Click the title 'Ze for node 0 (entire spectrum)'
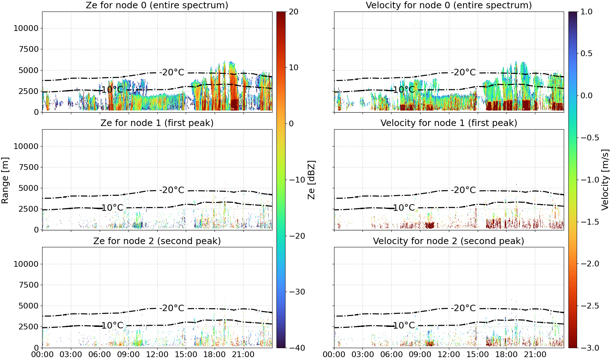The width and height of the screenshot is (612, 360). click(x=157, y=5)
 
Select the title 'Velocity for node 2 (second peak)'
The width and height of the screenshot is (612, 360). click(x=448, y=241)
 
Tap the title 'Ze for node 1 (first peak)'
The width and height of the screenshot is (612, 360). click(x=157, y=123)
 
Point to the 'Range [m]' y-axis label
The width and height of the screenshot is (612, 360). click(x=5, y=180)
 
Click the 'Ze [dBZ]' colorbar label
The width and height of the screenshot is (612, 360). click(x=311, y=180)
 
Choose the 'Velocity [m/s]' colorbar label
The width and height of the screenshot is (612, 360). click(x=605, y=180)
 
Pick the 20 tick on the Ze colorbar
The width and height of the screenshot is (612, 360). click(x=293, y=12)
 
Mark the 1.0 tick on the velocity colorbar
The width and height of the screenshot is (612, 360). click(x=586, y=12)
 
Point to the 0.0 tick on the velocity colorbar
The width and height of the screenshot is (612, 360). click(x=586, y=96)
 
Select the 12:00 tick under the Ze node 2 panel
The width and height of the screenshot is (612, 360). click(x=157, y=355)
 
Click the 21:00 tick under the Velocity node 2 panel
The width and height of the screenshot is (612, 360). click(x=535, y=355)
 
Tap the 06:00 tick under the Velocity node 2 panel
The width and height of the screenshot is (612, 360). click(x=392, y=355)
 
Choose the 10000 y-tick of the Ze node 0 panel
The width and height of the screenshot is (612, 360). click(x=26, y=28)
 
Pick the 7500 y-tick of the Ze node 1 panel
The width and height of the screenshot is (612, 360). click(x=29, y=167)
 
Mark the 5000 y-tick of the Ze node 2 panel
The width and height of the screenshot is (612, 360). click(x=29, y=306)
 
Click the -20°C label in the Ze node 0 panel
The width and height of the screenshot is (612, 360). click(x=172, y=72)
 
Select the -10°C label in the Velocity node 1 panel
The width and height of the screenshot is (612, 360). click(x=404, y=208)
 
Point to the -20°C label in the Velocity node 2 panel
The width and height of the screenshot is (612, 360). click(x=463, y=308)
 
